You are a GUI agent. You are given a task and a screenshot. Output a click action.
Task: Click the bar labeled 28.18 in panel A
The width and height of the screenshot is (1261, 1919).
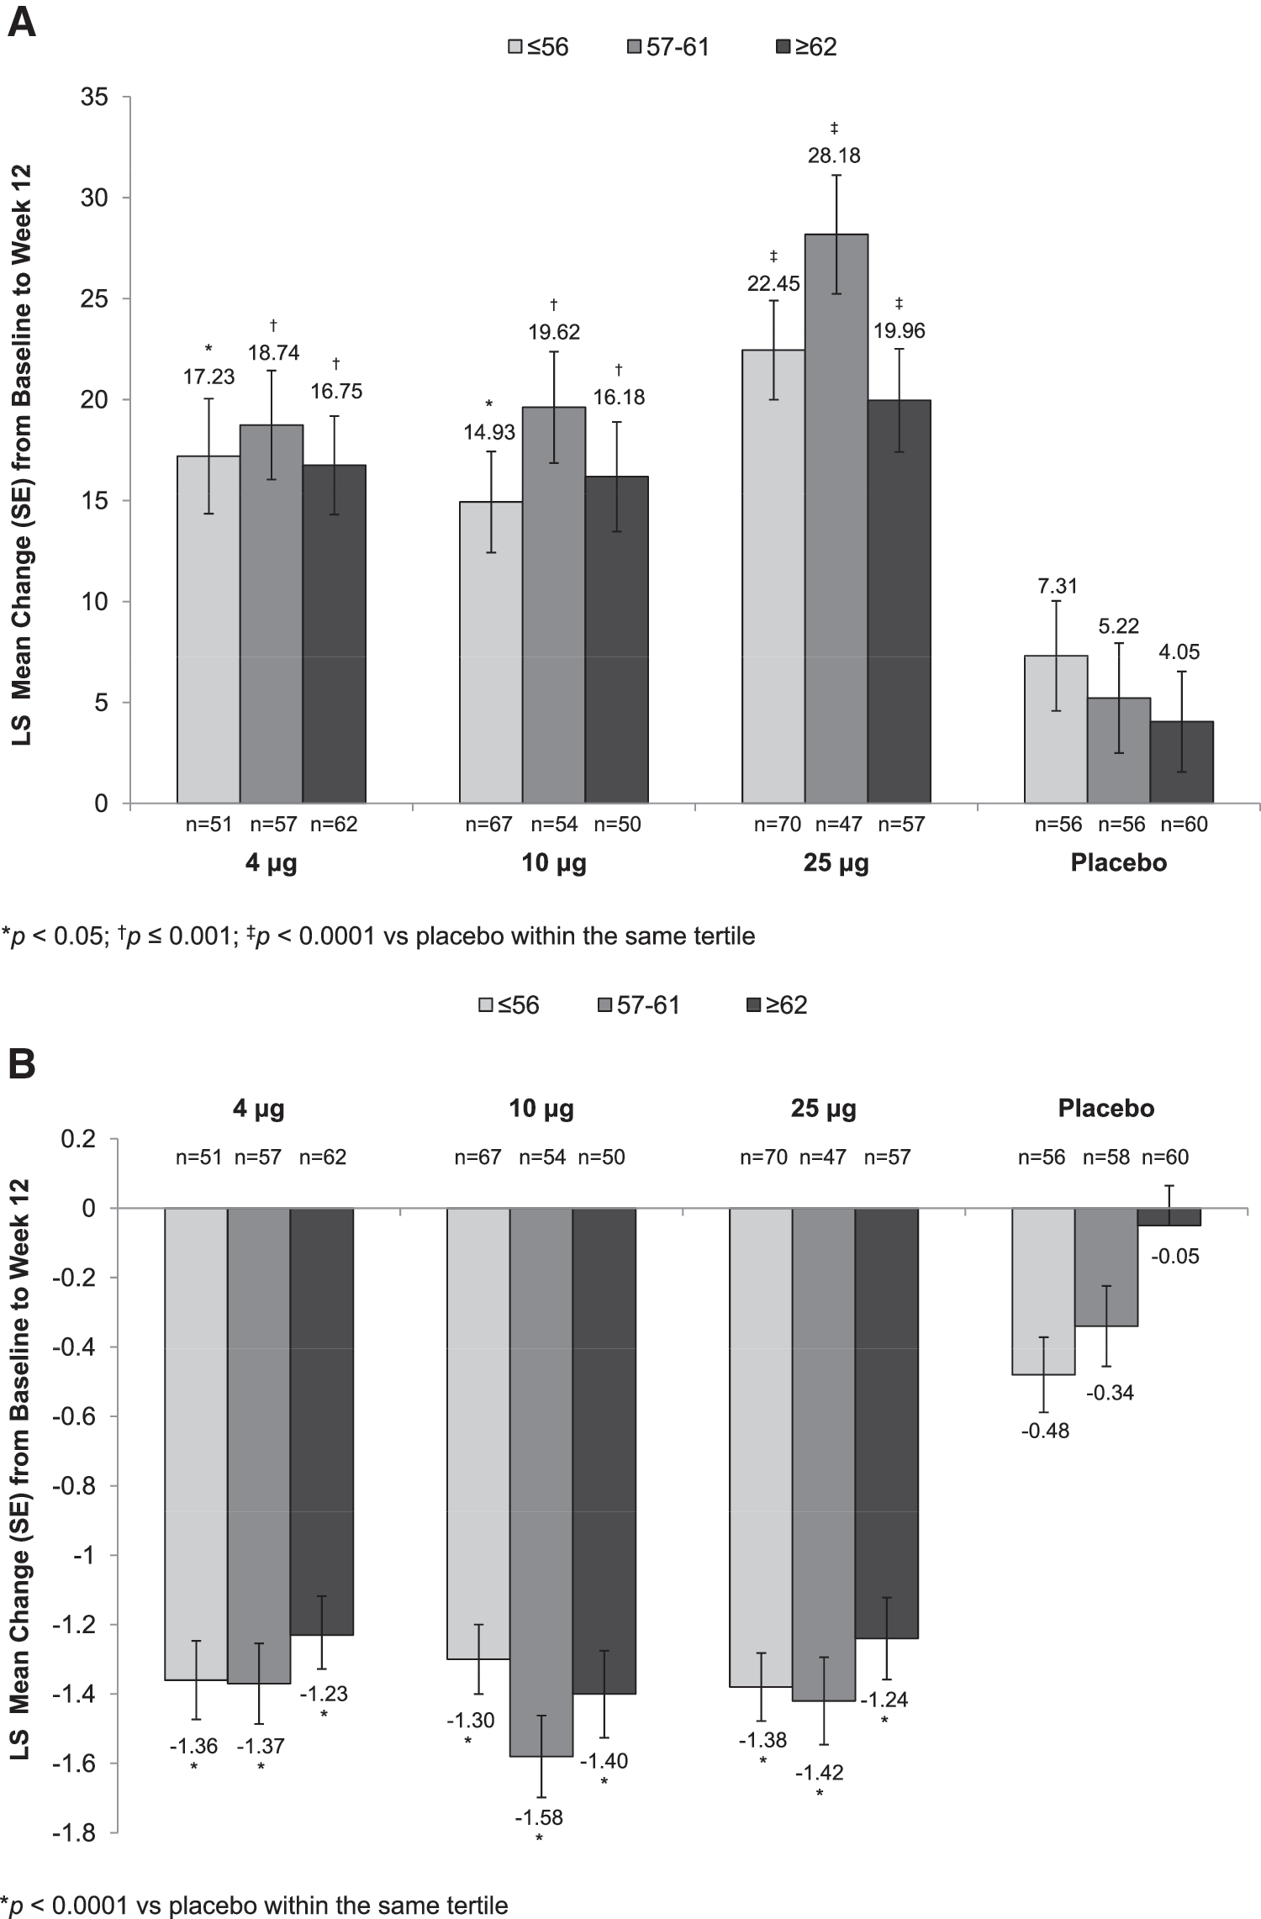pos(836,519)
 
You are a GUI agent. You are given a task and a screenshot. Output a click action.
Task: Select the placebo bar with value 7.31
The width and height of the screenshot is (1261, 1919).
pos(1056,730)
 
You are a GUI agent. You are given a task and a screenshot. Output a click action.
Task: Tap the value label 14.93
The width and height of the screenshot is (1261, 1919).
pos(490,432)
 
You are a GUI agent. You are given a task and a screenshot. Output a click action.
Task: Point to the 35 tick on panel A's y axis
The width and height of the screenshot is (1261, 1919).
pos(95,98)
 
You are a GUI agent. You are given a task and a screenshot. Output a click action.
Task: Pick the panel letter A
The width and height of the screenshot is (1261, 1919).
pos(21,24)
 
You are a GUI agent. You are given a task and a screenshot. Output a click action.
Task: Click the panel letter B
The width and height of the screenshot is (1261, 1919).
pos(21,1065)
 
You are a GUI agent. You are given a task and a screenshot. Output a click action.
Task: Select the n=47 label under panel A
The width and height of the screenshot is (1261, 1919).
pos(839,825)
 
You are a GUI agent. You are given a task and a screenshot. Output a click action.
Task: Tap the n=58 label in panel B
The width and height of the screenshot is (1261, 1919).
pos(1106,1157)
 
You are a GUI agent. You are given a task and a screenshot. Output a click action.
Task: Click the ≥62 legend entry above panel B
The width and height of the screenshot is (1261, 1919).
pos(776,1004)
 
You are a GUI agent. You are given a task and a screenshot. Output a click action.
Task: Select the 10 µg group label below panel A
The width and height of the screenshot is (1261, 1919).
pos(554,863)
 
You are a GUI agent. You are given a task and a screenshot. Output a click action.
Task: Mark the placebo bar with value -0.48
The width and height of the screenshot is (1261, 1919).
pos(1043,1291)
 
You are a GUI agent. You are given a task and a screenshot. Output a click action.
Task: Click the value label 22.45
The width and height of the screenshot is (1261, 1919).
pos(773,283)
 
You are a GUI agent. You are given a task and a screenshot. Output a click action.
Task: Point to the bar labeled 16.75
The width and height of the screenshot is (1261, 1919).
pos(334,634)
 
